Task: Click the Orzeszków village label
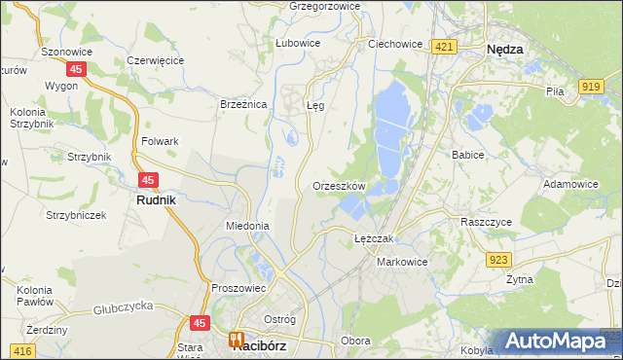[339, 185]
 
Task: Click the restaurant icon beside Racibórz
[236, 341]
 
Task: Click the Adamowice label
[571, 183]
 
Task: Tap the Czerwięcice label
[156, 59]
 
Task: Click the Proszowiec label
[238, 288]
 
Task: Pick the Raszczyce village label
[486, 221]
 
